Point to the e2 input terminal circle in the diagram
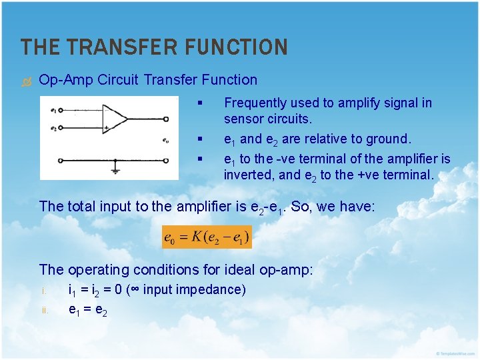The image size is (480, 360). [x=62, y=127]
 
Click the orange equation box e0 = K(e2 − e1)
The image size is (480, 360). [x=207, y=236]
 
